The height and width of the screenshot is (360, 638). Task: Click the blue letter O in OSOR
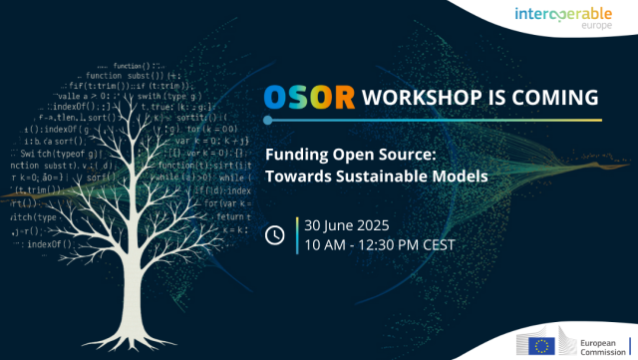click(x=277, y=98)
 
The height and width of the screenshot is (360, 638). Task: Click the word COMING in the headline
click(x=559, y=98)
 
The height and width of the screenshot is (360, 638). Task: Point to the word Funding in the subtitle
click(x=294, y=156)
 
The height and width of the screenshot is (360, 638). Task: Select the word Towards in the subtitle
click(x=293, y=176)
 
